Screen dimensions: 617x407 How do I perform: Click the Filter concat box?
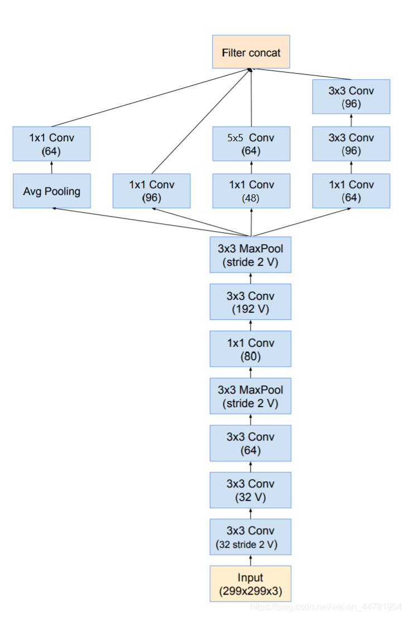click(251, 52)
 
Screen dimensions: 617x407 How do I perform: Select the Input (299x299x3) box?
click(251, 583)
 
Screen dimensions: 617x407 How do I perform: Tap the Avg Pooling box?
click(51, 191)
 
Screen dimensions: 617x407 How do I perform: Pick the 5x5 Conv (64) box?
click(251, 144)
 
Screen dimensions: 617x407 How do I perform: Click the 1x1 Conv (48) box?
click(251, 191)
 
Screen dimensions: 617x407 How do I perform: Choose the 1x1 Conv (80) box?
click(251, 349)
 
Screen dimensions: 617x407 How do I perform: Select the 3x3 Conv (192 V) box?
click(251, 302)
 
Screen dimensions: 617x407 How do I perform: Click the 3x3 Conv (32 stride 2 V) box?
click(251, 537)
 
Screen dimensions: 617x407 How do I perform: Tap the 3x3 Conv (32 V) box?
click(251, 490)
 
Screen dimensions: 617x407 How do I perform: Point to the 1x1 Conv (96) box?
click(151, 191)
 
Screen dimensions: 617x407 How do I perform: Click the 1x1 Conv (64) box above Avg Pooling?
click(51, 144)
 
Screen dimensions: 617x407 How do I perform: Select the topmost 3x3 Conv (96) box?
click(351, 97)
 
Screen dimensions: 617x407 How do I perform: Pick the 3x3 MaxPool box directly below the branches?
click(251, 255)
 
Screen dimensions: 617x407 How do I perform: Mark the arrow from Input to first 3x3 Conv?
click(251, 560)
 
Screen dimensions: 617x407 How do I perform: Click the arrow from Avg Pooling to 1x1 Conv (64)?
click(51, 168)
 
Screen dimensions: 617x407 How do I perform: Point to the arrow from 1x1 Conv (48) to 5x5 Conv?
click(251, 168)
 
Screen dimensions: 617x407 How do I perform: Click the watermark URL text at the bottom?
click(326, 607)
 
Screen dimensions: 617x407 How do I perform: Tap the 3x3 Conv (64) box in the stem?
click(251, 443)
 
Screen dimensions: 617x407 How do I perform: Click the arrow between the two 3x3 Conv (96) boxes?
click(351, 120)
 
